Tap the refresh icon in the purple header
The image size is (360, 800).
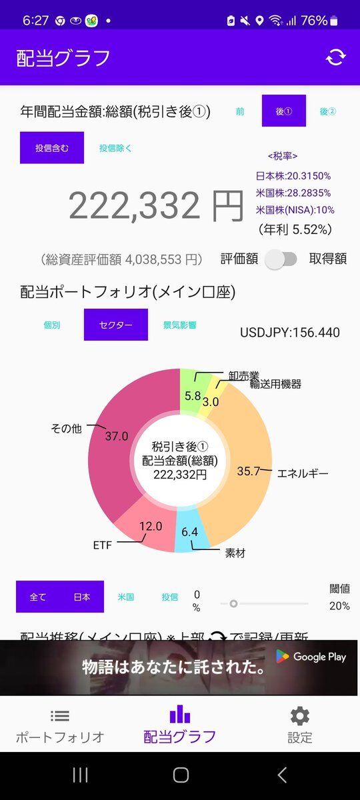[x=335, y=57]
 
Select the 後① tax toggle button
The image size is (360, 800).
[x=284, y=111]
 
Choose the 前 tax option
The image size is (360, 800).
[x=239, y=111]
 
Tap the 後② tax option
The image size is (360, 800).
[x=328, y=111]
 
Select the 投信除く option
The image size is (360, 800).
[x=115, y=148]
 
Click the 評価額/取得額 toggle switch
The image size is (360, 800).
[x=281, y=259]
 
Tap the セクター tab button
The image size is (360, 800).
[x=115, y=325]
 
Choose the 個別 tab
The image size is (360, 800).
[x=51, y=325]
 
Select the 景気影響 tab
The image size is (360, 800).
[x=179, y=325]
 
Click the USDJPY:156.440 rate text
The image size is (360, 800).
[x=289, y=332]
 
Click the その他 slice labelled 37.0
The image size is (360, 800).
[x=113, y=440]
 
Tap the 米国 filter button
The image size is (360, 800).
[x=126, y=597]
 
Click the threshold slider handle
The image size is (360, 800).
[x=233, y=603]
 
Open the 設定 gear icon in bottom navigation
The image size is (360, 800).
[x=299, y=717]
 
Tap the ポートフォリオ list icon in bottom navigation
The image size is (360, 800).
[x=60, y=717]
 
